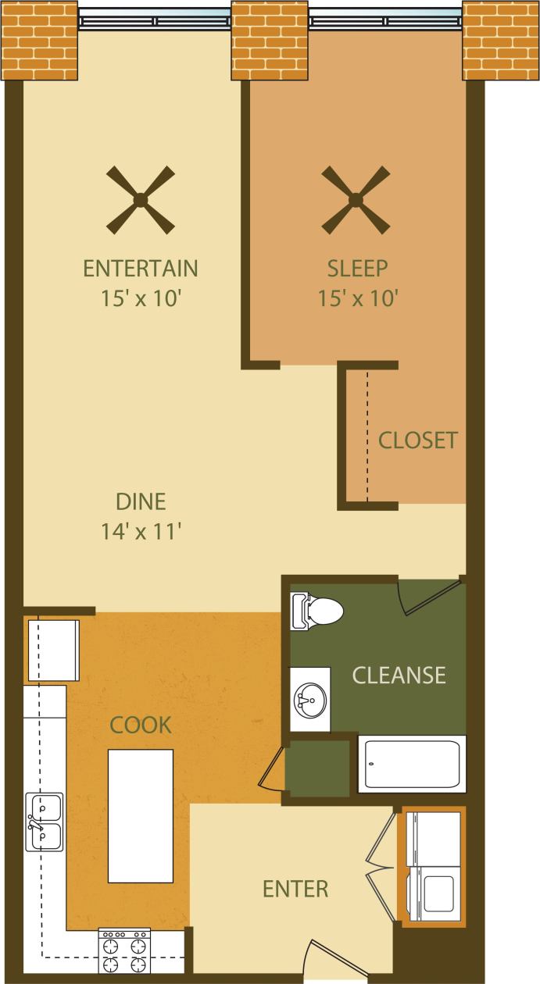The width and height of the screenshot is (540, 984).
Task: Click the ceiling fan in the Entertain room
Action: (x=141, y=200)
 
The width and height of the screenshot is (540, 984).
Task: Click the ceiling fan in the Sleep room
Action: (x=356, y=200)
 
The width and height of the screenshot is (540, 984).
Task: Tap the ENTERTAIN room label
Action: (x=141, y=269)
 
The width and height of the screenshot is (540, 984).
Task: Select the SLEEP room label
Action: (x=357, y=269)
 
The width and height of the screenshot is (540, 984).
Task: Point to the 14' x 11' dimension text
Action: (x=141, y=532)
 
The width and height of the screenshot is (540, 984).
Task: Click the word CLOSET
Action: (x=417, y=440)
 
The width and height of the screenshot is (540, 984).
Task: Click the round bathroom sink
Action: (x=310, y=699)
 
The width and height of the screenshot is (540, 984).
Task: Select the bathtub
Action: (x=412, y=764)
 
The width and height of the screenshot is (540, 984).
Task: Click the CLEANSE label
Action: (x=399, y=675)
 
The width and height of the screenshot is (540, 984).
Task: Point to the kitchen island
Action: (x=141, y=815)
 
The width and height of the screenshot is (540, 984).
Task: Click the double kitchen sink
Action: (x=45, y=822)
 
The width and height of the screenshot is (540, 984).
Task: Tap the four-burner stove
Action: (x=124, y=950)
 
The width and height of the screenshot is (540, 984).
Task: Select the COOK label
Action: (x=141, y=726)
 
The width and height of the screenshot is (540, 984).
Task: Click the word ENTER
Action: (x=295, y=889)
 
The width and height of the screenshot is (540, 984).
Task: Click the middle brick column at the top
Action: (x=270, y=40)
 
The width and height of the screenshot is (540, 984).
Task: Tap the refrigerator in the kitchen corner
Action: (x=53, y=650)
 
